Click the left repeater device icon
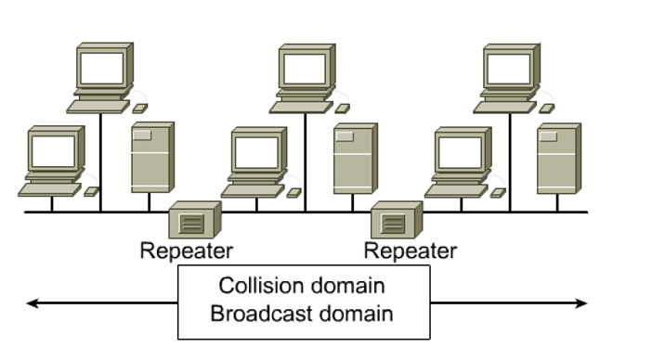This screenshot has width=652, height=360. (x=194, y=221)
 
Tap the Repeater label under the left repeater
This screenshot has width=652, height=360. (x=187, y=251)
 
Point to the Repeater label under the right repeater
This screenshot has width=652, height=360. (x=410, y=251)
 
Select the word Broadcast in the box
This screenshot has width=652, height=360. (x=257, y=313)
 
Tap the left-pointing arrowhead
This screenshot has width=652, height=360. (x=33, y=302)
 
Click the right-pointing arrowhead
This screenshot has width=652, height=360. (x=582, y=302)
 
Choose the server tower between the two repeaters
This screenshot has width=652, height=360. (x=354, y=158)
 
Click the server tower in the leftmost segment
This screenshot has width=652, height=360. (x=151, y=158)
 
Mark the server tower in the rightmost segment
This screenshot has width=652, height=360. (x=558, y=158)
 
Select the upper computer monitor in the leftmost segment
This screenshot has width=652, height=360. (x=102, y=69)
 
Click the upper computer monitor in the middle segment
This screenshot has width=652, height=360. (x=306, y=69)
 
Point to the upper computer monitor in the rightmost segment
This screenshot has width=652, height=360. (x=510, y=69)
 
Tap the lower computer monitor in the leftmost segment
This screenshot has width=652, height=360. (x=53, y=151)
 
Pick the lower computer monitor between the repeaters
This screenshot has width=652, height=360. (x=256, y=151)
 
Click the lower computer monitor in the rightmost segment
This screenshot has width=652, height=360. (x=461, y=151)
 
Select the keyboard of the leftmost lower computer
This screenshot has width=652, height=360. (x=48, y=190)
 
